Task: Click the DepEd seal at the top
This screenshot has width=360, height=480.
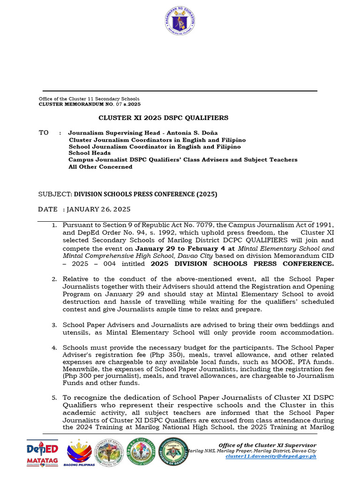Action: (180, 22)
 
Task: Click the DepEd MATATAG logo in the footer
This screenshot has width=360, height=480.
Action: (42, 453)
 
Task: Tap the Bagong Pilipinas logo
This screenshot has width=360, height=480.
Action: (79, 453)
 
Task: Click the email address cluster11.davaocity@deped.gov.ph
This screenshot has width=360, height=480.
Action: (270, 456)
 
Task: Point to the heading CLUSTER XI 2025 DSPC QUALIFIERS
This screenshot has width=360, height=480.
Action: (163, 118)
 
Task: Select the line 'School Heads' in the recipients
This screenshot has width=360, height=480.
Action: (90, 153)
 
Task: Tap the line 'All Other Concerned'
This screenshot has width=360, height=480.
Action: (100, 166)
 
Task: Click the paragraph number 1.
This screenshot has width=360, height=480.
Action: (54, 226)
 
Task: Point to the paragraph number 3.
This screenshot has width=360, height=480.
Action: (54, 325)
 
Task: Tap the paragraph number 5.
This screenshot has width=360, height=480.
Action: (54, 397)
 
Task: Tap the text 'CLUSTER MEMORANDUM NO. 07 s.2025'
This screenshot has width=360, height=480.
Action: (89, 104)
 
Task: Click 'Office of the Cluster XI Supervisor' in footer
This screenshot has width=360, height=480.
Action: (267, 445)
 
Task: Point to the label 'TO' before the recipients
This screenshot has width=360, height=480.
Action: (44, 133)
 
